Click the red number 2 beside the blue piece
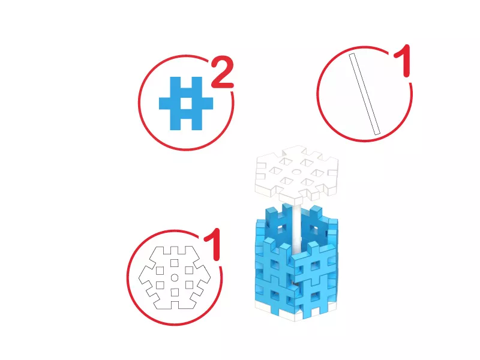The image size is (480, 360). (x=223, y=72)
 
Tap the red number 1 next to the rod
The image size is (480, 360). (x=403, y=61)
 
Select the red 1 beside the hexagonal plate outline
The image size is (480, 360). (x=213, y=244)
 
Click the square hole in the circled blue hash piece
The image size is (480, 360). (x=186, y=103)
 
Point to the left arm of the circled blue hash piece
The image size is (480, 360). (x=164, y=103)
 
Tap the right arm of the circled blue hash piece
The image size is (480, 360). (x=207, y=103)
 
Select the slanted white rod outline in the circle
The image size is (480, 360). (x=364, y=94)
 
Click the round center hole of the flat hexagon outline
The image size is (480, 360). (x=175, y=278)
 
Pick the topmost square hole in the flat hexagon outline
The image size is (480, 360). (x=175, y=263)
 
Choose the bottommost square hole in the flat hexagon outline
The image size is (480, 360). (x=175, y=292)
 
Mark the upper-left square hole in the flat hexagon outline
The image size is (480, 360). (x=160, y=271)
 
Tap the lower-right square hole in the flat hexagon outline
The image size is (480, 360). (x=189, y=285)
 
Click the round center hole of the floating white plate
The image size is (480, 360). (x=296, y=172)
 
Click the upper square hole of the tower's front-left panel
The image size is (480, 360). (x=275, y=265)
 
